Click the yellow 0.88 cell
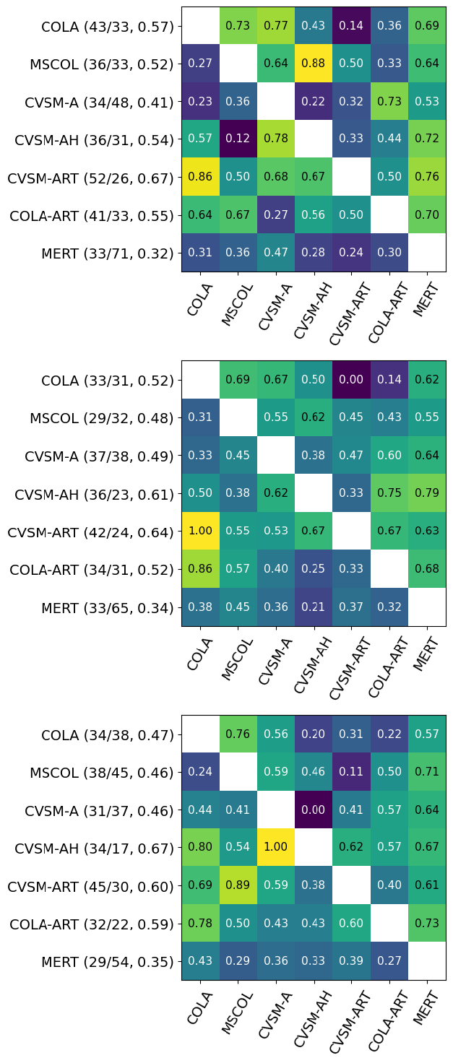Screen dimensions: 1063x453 pyautogui.click(x=314, y=64)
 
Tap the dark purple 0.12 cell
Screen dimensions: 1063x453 pyautogui.click(x=238, y=139)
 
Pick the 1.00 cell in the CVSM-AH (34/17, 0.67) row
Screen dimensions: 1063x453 pyautogui.click(x=275, y=848)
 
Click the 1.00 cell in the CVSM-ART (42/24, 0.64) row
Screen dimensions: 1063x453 pyautogui.click(x=200, y=531)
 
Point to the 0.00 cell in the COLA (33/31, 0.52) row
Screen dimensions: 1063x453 pyautogui.click(x=351, y=379)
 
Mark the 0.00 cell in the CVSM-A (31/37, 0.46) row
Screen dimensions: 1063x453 pyautogui.click(x=314, y=810)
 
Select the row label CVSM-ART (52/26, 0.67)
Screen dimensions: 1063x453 pyautogui.click(x=90, y=178)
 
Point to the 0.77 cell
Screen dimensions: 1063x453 pyautogui.click(x=275, y=26)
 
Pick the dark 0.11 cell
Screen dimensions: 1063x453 pyautogui.click(x=351, y=773)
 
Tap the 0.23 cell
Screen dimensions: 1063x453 pyautogui.click(x=200, y=102)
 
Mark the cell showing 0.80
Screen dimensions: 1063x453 pyautogui.click(x=200, y=848)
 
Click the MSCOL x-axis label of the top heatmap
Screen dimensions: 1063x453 pyautogui.click(x=234, y=303)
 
